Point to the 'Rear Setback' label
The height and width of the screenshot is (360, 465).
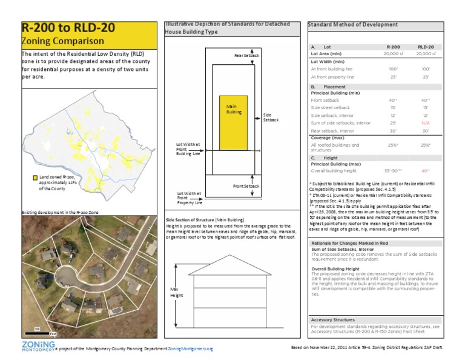[x=246, y=55]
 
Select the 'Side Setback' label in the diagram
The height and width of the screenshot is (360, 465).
[x=271, y=117]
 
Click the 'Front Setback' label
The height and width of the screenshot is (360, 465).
[x=246, y=185]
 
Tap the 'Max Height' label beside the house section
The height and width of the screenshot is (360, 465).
[x=176, y=292]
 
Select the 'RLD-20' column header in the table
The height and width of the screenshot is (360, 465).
[x=426, y=46]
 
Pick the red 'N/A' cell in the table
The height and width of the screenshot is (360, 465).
[x=426, y=122]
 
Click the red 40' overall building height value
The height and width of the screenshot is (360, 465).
[x=425, y=170]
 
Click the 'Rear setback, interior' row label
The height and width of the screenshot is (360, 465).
[x=332, y=130]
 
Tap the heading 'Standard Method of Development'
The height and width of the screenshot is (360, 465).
[x=352, y=25]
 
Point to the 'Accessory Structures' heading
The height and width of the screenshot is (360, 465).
[x=332, y=319]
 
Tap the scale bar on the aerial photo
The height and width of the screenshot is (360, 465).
[x=37, y=332]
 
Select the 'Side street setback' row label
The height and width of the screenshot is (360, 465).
[x=330, y=107]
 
